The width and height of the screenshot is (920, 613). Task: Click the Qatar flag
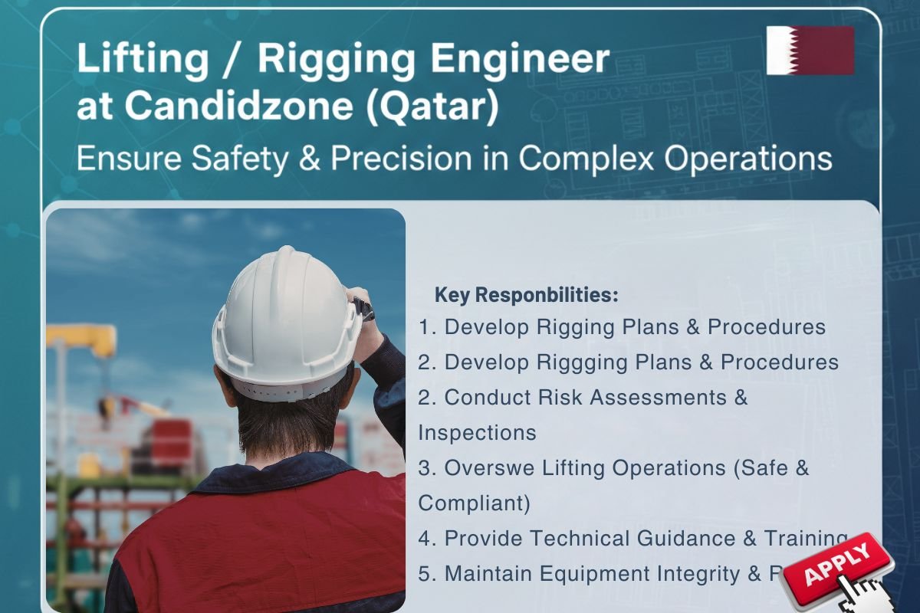click(810, 50)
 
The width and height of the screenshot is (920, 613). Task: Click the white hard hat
click(286, 322)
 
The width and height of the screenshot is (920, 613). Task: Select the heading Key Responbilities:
click(526, 295)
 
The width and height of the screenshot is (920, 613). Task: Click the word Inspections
click(477, 432)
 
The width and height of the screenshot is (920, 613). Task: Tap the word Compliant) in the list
click(474, 503)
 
